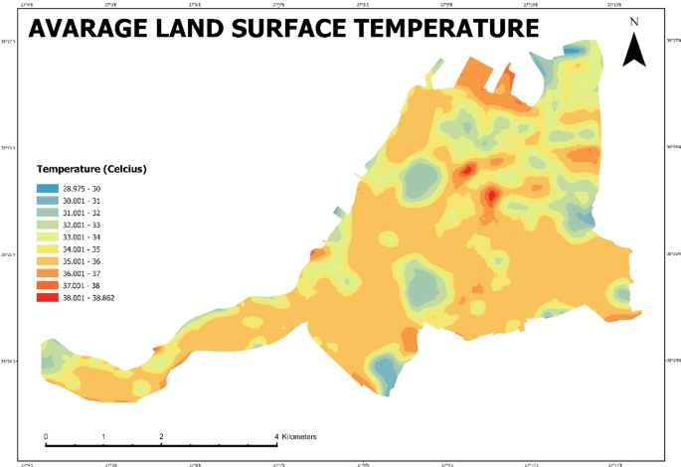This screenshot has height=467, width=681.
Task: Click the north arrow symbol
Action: [x=633, y=50]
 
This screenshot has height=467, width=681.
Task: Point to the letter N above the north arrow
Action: [x=633, y=22]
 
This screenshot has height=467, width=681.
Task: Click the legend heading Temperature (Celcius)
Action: [x=91, y=169]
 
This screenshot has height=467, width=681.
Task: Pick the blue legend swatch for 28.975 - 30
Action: [x=49, y=188]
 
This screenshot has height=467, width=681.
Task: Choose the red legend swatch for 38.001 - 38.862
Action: [x=49, y=297]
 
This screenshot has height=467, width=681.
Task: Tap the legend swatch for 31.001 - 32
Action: [x=49, y=212]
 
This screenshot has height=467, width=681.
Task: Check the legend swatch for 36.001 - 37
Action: [x=49, y=272]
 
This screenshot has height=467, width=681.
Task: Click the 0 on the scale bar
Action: [x=46, y=436]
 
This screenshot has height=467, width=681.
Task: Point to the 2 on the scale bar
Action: [x=161, y=436]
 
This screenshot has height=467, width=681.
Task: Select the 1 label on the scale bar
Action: [x=103, y=436]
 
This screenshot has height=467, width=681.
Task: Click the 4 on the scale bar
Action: [x=276, y=436]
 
